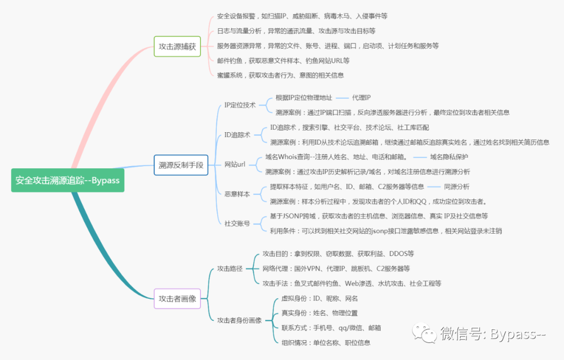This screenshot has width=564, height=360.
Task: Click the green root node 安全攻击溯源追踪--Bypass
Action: (x=67, y=180)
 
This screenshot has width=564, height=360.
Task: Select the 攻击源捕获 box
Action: (x=178, y=47)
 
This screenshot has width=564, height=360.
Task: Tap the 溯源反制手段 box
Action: (x=181, y=165)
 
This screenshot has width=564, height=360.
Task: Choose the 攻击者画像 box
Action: (x=178, y=298)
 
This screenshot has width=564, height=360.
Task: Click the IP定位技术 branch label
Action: (x=240, y=105)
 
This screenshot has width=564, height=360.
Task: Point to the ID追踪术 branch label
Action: (x=237, y=135)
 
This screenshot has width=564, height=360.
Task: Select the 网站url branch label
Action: (x=234, y=165)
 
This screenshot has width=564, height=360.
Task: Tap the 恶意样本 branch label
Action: (x=237, y=194)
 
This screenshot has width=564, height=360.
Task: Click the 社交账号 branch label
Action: (x=237, y=224)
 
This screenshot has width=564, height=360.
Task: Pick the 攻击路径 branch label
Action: (x=230, y=269)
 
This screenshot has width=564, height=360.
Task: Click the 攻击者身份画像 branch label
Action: (x=239, y=320)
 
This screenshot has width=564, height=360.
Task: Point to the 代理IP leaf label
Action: (x=361, y=98)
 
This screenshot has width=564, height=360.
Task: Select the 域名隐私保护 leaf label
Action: (x=449, y=157)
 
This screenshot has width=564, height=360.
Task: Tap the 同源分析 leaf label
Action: (x=456, y=187)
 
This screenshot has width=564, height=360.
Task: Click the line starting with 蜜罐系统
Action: (x=280, y=75)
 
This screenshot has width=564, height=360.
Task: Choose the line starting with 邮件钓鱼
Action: (x=283, y=61)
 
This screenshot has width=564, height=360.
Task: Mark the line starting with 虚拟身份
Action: (x=320, y=298)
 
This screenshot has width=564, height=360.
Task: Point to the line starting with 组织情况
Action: (x=326, y=343)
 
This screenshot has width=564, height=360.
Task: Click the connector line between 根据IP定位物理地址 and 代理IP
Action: (x=342, y=98)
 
